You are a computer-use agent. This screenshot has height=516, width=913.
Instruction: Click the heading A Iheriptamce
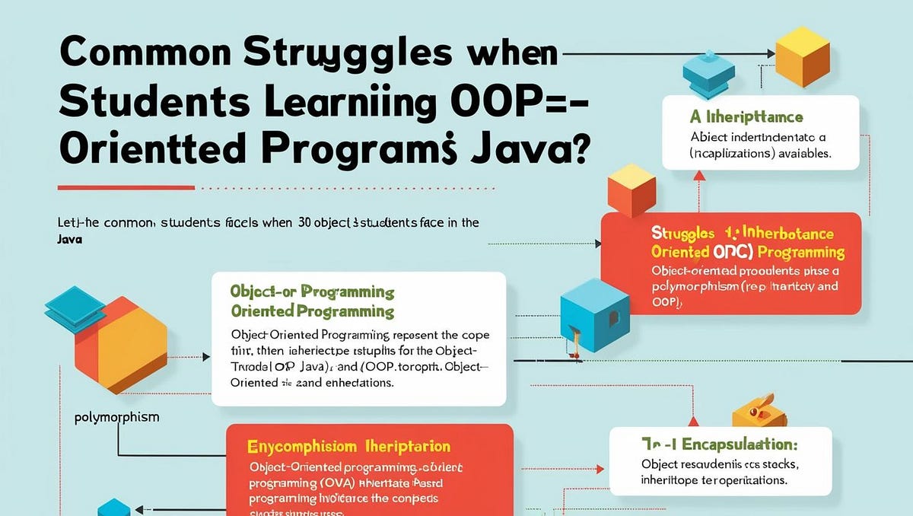pyautogui.click(x=746, y=117)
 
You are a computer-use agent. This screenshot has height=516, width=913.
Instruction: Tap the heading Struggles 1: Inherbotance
pyautogui.click(x=742, y=234)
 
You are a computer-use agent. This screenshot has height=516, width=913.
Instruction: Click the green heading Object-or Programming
pyautogui.click(x=312, y=292)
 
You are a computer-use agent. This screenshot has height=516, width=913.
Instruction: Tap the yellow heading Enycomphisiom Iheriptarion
pyautogui.click(x=348, y=447)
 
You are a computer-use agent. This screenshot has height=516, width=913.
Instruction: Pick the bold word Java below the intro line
pyautogui.click(x=69, y=238)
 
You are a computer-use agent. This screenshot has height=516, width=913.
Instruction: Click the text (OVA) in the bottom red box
pyautogui.click(x=329, y=483)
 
